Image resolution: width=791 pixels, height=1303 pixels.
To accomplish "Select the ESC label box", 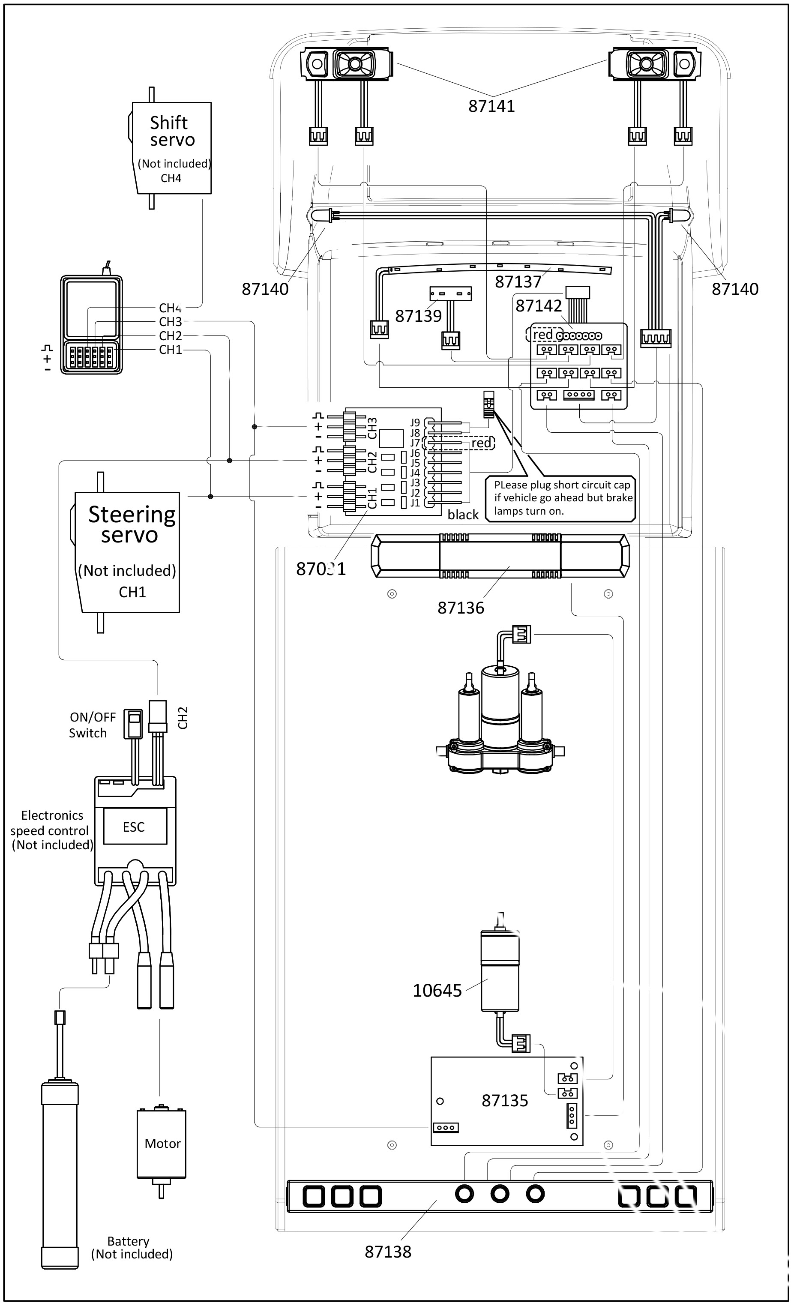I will click(x=134, y=827).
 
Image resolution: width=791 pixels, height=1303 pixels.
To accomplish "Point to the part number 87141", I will click(x=491, y=106).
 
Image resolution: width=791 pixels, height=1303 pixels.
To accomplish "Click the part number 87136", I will click(x=461, y=608).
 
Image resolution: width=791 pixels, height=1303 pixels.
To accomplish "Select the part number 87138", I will click(x=387, y=1252).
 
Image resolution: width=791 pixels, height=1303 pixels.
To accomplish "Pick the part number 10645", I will click(x=437, y=991).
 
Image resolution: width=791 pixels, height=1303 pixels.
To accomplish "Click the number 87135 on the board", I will click(x=504, y=1100).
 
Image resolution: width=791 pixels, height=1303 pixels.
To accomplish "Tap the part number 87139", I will click(x=418, y=316).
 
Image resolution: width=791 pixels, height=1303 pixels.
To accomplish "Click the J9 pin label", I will click(x=415, y=422).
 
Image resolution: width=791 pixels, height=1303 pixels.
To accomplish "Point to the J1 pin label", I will click(x=415, y=502).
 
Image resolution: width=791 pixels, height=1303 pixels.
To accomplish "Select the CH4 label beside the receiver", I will click(x=170, y=308).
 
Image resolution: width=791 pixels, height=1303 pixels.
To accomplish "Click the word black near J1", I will click(x=463, y=515).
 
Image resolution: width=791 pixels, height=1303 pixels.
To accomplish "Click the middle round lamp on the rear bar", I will click(x=500, y=1194).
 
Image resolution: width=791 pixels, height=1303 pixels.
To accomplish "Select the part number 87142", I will click(x=538, y=306).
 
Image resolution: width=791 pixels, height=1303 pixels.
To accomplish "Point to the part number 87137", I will click(x=518, y=282).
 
